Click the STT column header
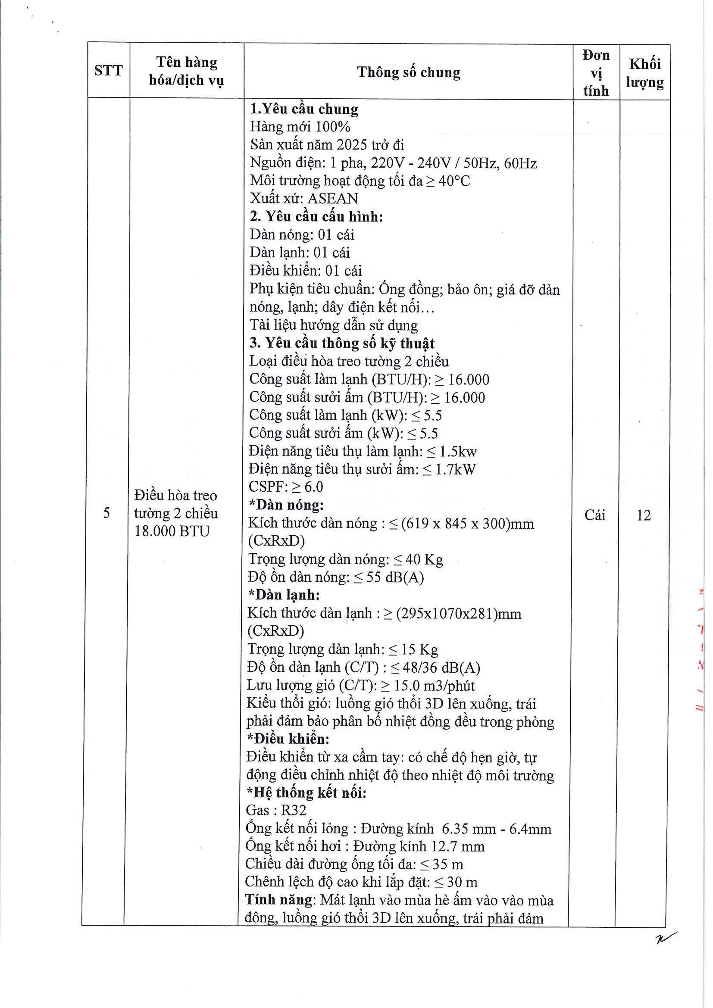coord(108,70)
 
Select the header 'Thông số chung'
coord(408,72)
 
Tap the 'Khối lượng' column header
coord(644,72)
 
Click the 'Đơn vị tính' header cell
coord(596,72)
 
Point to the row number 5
coord(106,513)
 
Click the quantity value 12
coord(644,515)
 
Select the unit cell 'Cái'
coord(595,515)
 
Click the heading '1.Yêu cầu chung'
coord(304,109)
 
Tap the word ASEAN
coord(333,198)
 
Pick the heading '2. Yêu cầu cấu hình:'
coord(316,216)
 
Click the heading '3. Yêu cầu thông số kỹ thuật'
coord(342,343)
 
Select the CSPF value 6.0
coord(313,487)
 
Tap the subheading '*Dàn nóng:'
coord(286,505)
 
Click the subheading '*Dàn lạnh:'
coord(284,594)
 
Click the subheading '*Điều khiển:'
coord(288,739)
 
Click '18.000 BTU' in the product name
coord(172,531)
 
